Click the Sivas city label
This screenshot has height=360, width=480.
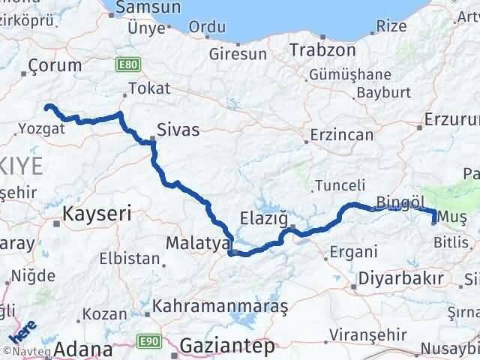click(178, 130)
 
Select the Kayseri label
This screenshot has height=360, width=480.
click(97, 214)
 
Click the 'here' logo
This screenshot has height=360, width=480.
click(22, 330)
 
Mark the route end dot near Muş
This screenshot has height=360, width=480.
click(434, 220)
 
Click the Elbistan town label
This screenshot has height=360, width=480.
click(129, 259)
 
